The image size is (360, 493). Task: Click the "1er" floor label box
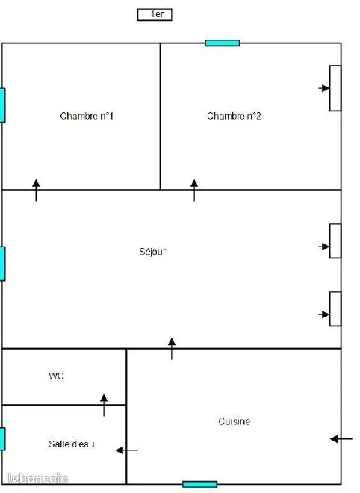[155, 15]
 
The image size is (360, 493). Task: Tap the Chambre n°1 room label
[87, 116]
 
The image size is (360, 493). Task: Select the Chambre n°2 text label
[234, 116]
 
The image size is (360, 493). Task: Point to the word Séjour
[152, 252]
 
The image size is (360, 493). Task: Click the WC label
[56, 376]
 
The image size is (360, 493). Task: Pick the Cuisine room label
[235, 421]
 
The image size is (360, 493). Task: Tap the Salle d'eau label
[72, 444]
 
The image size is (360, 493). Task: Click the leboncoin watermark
[37, 478]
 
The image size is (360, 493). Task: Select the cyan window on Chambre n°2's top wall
[223, 43]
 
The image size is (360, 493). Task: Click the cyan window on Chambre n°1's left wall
[2, 105]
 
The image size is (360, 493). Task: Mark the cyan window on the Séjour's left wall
[2, 264]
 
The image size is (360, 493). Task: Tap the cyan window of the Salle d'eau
[2, 439]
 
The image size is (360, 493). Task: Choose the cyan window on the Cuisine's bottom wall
[200, 484]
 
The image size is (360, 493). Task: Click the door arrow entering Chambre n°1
[36, 190]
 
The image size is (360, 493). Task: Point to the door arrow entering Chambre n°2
[194, 190]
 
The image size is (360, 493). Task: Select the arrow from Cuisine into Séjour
[172, 349]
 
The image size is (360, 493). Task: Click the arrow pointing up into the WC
[104, 406]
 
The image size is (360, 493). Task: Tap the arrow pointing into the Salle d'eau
[127, 450]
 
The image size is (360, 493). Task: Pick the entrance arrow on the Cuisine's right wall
[341, 439]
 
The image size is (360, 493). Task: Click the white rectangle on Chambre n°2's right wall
[335, 88]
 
